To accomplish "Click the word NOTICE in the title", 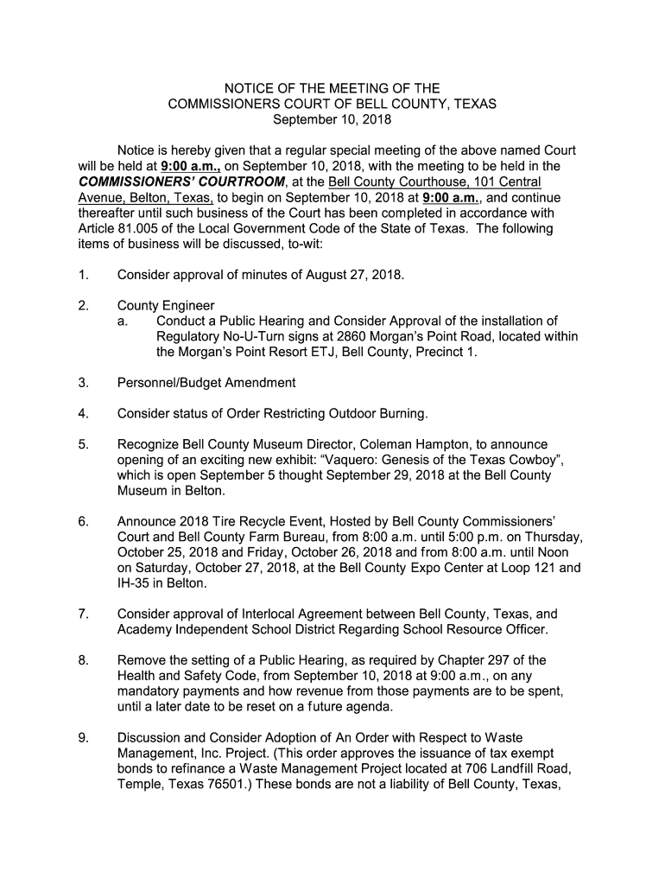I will coord(247,88).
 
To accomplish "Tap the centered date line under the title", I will coord(332,119).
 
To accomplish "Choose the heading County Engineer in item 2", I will coord(166,305).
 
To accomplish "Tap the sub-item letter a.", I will coord(123,322).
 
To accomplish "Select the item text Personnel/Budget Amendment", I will coord(206,382).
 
